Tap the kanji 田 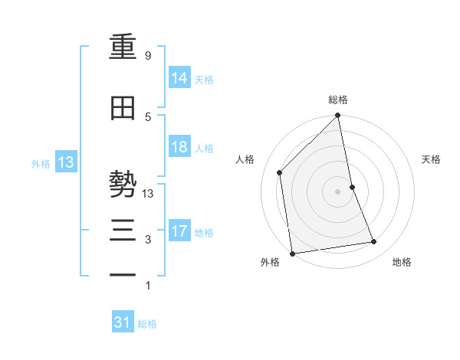(x=123, y=109)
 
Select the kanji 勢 (x=123, y=185)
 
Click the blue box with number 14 (x=179, y=78)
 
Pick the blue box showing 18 (x=179, y=147)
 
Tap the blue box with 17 (x=179, y=231)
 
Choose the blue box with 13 (x=66, y=162)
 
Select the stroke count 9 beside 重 (x=147, y=56)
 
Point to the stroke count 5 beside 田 (x=147, y=116)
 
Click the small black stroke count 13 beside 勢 (x=149, y=194)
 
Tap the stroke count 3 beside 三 (x=147, y=240)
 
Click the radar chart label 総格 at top (x=338, y=100)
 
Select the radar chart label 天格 (x=432, y=159)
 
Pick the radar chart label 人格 (x=245, y=159)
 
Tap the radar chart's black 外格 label (x=270, y=263)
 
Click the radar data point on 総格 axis (x=338, y=116)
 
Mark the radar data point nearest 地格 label (x=374, y=242)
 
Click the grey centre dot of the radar (x=338, y=191)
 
